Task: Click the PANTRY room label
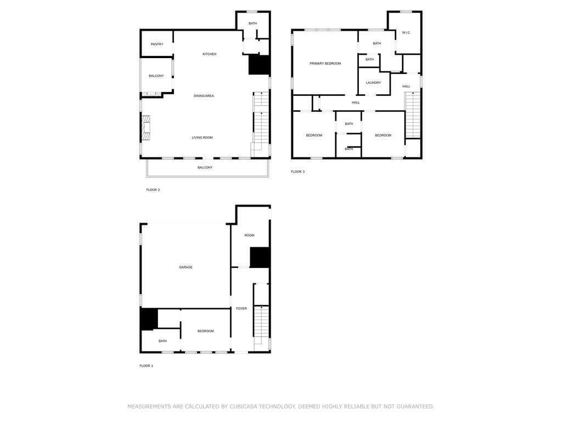[x=157, y=44]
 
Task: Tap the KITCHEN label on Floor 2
[x=209, y=54]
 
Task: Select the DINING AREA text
[x=204, y=96]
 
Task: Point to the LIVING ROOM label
[x=202, y=138]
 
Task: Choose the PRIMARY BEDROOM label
[x=325, y=64]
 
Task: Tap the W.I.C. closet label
[x=406, y=33]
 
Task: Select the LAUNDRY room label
[x=373, y=83]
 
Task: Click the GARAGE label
[x=186, y=267]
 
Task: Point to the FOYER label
[x=241, y=309]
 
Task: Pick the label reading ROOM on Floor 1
[x=249, y=235]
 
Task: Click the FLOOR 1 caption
[x=146, y=366]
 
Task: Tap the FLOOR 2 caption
[x=153, y=190]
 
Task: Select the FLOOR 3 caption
[x=297, y=172]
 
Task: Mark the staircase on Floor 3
[x=413, y=115]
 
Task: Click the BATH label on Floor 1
[x=162, y=341]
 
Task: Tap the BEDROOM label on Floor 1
[x=205, y=331]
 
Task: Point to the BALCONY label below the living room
[x=205, y=167]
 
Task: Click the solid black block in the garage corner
[x=149, y=320]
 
